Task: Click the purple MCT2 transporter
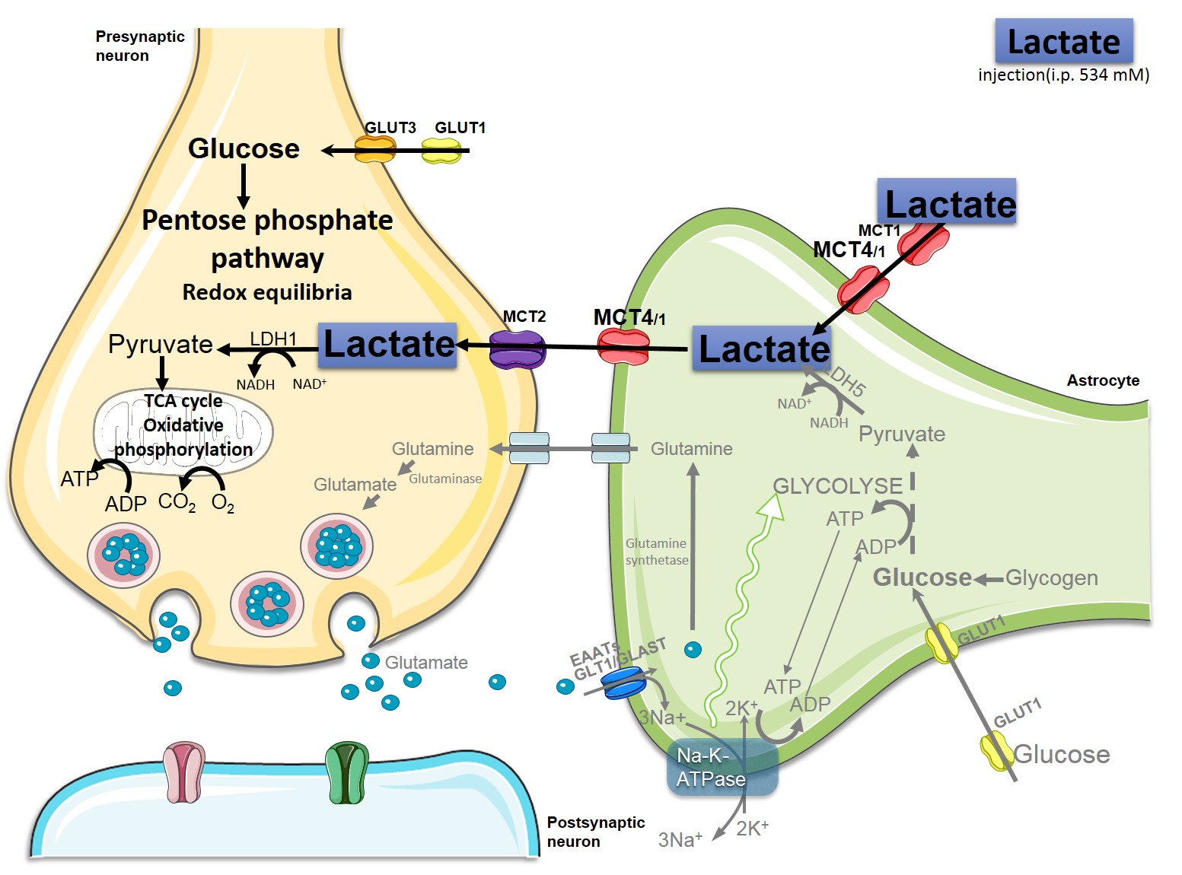(x=518, y=348)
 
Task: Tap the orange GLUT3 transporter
(x=375, y=150)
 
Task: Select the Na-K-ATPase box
(x=722, y=767)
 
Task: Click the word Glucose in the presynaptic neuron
(x=244, y=148)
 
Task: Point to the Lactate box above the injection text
(x=1063, y=41)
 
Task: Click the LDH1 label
(x=273, y=339)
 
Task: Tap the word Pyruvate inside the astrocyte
(x=902, y=434)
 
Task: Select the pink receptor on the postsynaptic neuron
(x=183, y=773)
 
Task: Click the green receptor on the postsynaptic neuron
(x=347, y=773)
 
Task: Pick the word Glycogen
(x=1051, y=578)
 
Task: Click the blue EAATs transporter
(x=623, y=682)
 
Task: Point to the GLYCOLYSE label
(x=837, y=485)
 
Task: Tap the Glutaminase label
(x=445, y=479)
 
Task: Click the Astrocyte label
(x=1103, y=380)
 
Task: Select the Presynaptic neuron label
(x=140, y=46)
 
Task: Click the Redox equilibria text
(x=267, y=292)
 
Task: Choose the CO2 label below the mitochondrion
(x=177, y=503)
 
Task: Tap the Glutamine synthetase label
(x=657, y=552)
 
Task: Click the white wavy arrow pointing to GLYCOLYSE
(x=742, y=601)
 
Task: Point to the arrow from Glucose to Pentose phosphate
(x=244, y=186)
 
